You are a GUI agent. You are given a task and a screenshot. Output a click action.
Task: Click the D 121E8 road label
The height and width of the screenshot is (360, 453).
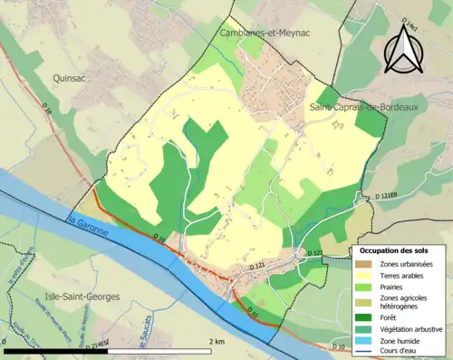click(390, 196)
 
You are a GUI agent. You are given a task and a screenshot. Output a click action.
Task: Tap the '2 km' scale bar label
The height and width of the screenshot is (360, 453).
click(216, 342)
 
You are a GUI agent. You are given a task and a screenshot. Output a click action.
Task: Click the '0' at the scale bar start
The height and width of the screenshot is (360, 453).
click(5, 342)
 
